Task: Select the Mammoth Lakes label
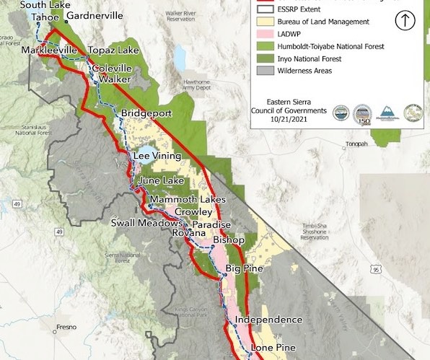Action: [182, 200]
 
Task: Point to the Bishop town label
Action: [229, 240]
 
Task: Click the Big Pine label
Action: [243, 269]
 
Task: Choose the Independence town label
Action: [268, 320]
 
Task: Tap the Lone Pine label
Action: [273, 348]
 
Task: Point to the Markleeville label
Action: [48, 51]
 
